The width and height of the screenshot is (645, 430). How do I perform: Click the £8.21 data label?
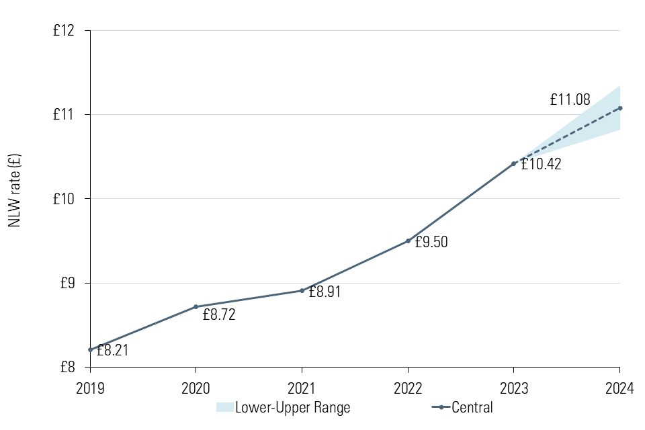pos(112,350)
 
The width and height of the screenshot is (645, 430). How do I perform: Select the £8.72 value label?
pos(219,314)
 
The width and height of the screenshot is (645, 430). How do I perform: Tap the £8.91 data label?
pos(325,292)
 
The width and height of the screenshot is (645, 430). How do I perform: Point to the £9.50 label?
pos(431,243)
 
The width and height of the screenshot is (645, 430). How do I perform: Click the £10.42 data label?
pos(541,164)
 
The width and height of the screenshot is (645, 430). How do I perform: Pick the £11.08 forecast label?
pos(570,100)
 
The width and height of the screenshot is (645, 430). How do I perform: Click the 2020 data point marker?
pos(196,306)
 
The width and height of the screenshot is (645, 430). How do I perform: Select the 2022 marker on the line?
pos(408,241)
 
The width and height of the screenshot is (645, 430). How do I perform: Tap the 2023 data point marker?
pos(513,163)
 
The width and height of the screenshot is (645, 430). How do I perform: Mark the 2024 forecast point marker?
pos(619,107)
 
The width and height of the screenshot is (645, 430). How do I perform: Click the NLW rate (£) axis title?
pos(15,191)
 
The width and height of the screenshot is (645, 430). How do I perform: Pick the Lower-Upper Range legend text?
pos(292,407)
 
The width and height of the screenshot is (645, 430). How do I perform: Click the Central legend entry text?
pos(472,407)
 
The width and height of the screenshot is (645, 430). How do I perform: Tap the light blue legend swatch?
pos(224,407)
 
